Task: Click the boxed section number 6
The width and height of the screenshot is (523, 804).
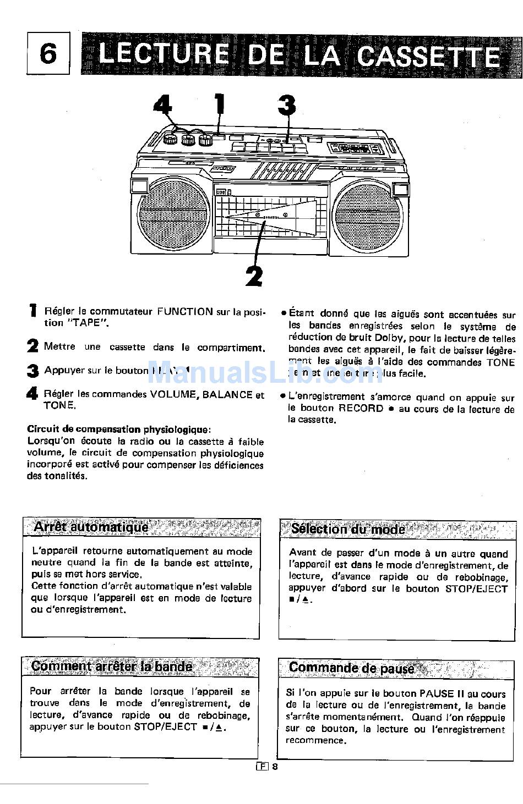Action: pos(48,54)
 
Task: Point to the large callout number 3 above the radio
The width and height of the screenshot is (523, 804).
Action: pos(286,106)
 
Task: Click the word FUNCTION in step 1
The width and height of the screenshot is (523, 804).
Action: pos(185,312)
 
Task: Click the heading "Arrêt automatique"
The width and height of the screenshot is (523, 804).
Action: pos(91,527)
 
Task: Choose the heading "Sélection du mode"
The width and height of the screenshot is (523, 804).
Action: pos(348,529)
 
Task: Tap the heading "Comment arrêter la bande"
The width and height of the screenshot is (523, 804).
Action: pos(112,667)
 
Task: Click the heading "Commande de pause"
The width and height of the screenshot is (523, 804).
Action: pos(351,668)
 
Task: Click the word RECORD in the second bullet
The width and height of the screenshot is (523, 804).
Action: pos(361,408)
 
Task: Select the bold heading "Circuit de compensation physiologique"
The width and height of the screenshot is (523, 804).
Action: pos(118,429)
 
